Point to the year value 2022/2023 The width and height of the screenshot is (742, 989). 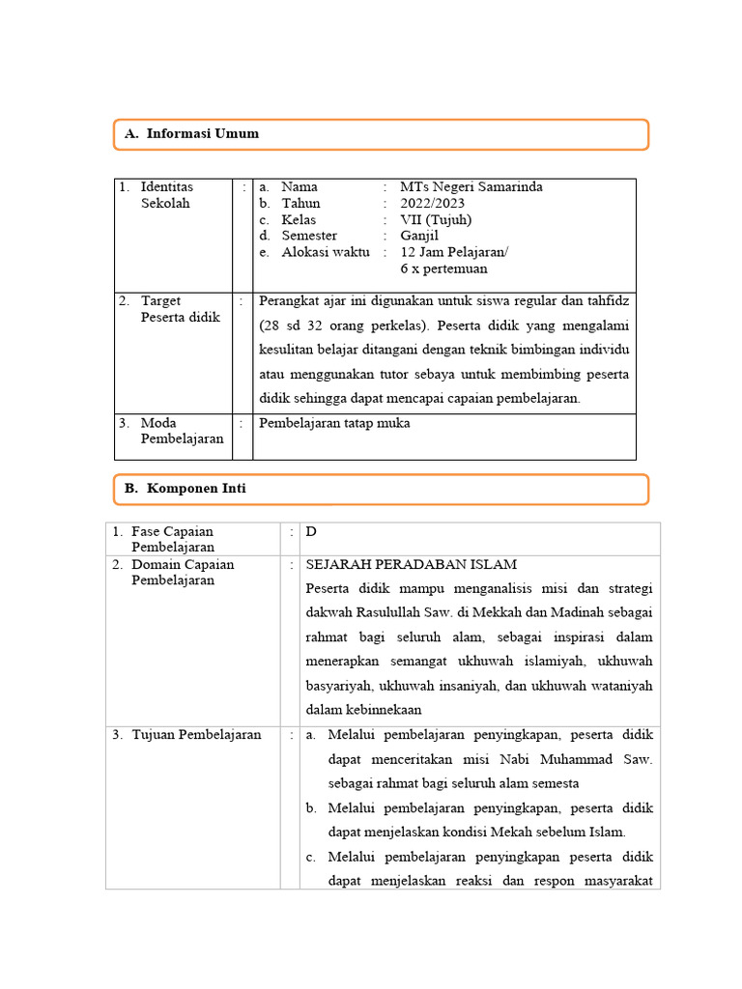[432, 203]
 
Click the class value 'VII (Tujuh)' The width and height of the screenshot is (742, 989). [436, 219]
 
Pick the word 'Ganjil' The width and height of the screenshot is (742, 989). [419, 236]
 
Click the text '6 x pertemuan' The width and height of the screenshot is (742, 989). [443, 268]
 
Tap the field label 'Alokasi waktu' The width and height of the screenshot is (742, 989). [326, 252]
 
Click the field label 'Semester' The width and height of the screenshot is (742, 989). [309, 236]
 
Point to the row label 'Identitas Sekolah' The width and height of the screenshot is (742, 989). [166, 195]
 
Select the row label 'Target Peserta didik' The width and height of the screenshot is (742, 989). [180, 309]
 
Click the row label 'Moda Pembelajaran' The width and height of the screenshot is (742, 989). [182, 431]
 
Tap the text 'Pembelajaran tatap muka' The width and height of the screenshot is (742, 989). [334, 423]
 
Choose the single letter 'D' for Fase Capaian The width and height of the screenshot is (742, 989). [311, 531]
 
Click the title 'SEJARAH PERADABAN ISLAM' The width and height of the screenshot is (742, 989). [412, 564]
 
